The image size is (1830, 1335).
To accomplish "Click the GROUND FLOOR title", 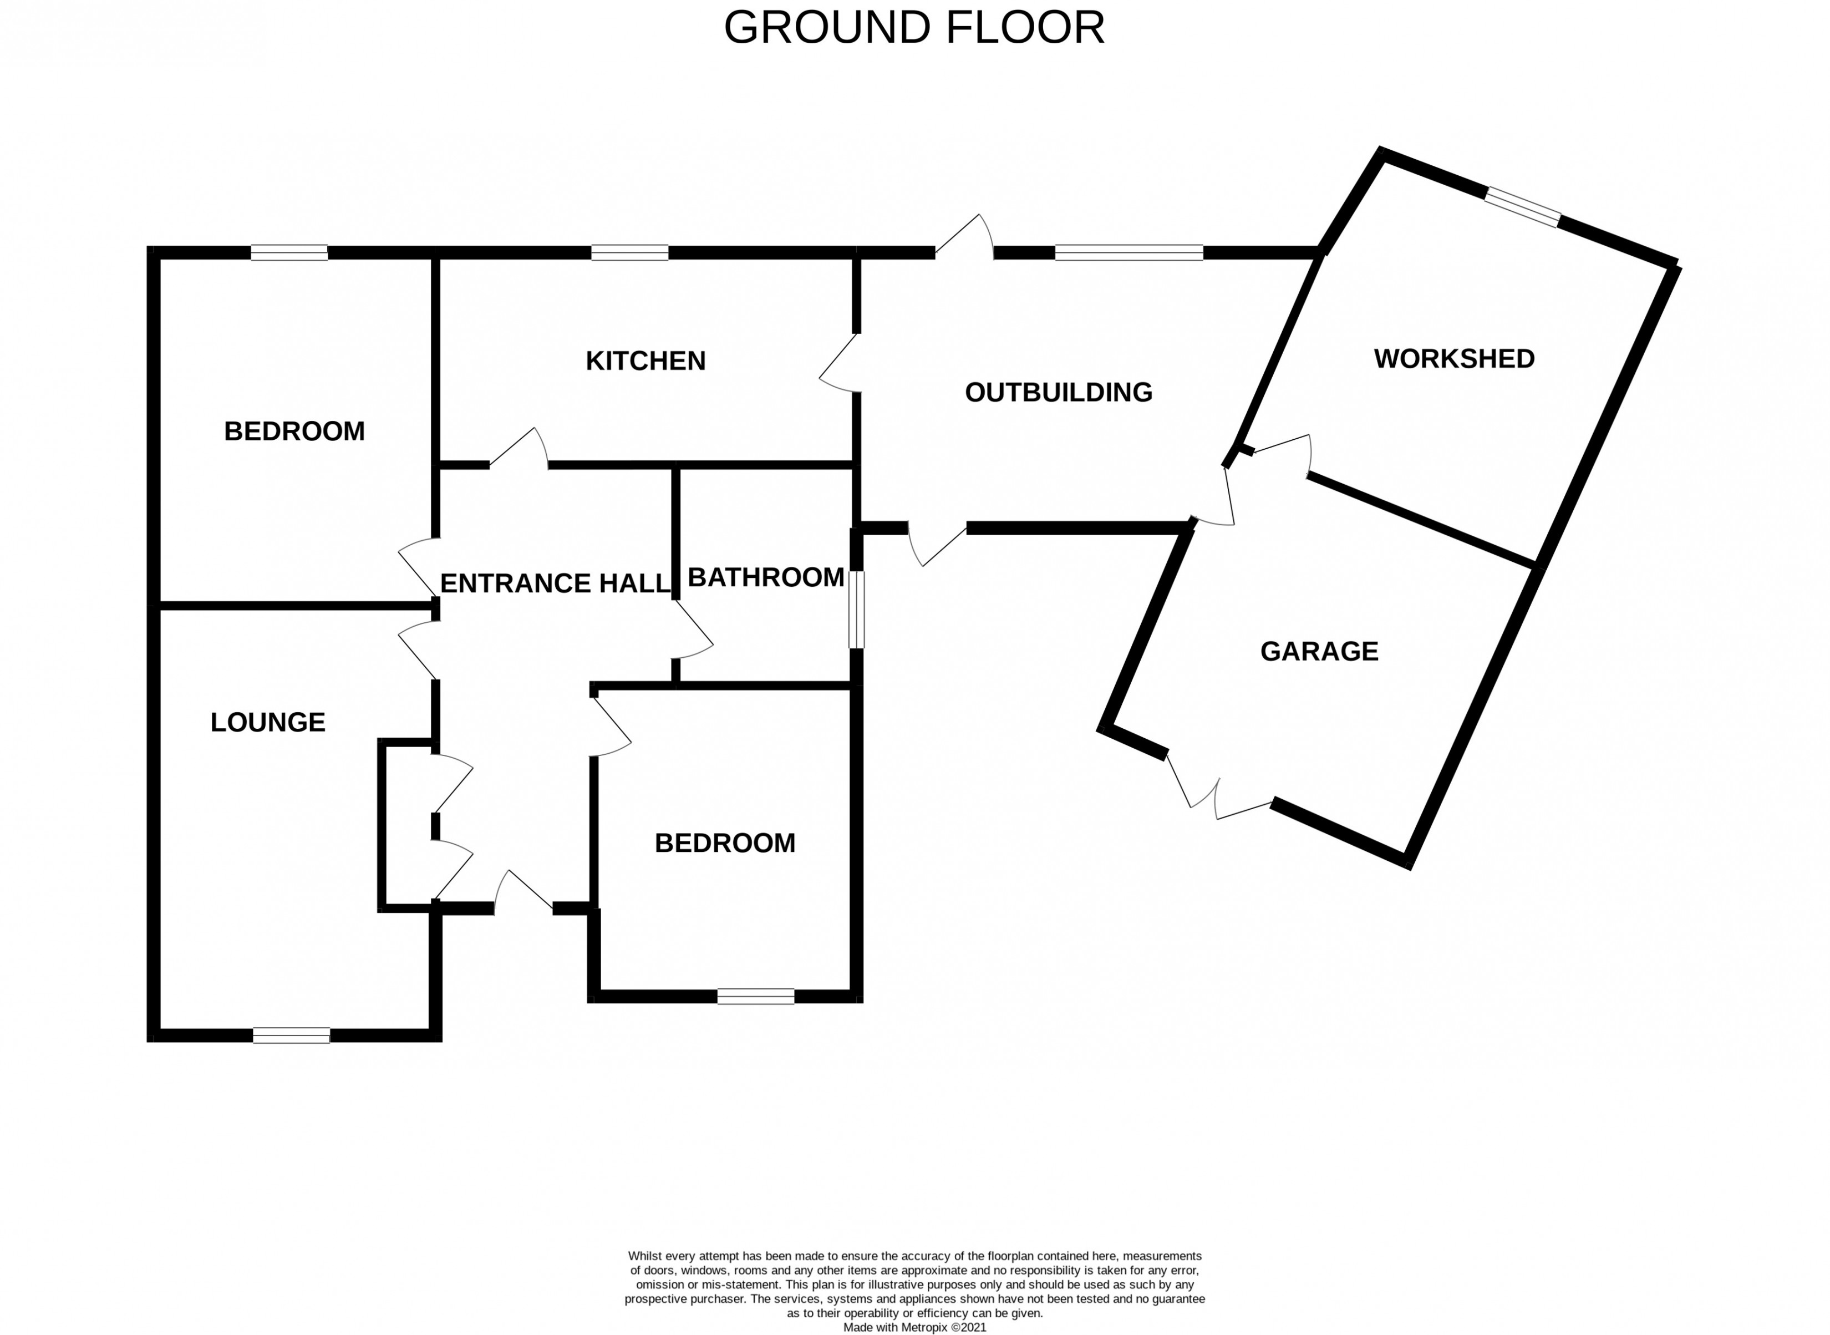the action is [x=914, y=28].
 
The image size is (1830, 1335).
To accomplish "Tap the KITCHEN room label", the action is [x=645, y=361].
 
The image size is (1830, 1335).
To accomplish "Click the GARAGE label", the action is [x=1319, y=651].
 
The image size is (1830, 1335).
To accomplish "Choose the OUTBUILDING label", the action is [x=1059, y=393].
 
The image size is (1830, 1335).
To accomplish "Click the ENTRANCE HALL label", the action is [x=555, y=583].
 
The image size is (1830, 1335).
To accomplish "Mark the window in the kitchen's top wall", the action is [x=629, y=253].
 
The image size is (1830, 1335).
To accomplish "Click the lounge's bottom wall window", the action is [x=291, y=1035].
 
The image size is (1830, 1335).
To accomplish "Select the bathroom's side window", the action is [x=856, y=610].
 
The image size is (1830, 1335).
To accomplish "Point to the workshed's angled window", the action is [x=1522, y=207].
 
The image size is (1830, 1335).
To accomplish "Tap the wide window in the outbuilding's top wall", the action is [x=1128, y=253].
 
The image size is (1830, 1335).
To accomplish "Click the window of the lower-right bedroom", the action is [x=755, y=997].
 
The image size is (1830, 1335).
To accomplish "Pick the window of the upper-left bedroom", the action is [x=289, y=253].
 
